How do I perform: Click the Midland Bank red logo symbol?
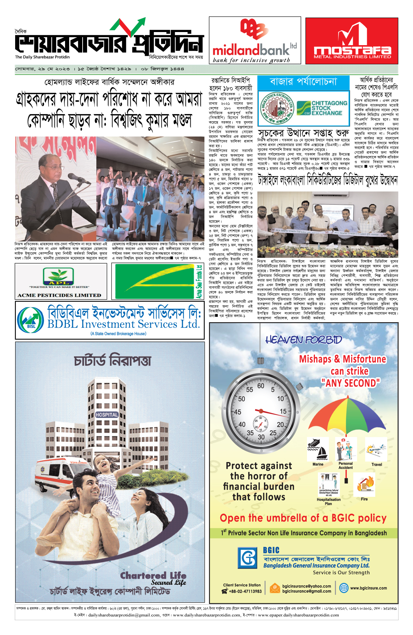coord(254,30)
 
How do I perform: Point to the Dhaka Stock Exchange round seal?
coord(276,108)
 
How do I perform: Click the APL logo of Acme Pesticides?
coord(58,277)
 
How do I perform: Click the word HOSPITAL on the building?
coord(107,415)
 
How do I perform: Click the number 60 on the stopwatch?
coord(261,386)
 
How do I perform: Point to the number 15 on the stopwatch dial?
coord(283,411)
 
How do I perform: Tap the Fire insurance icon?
coord(364,484)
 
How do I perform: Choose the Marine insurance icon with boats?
coord(318,449)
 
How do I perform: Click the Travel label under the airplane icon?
coord(377,464)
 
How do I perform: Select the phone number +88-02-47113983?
coord(245,591)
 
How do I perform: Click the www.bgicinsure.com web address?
coord(368,588)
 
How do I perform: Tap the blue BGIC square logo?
coord(247,557)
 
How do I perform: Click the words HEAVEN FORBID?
coord(304,340)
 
